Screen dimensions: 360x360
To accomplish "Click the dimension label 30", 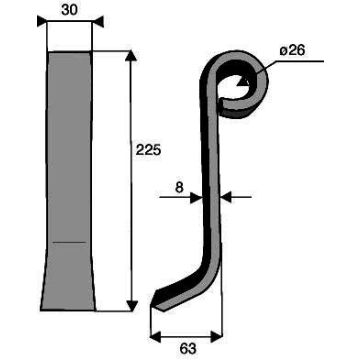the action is pos(69,10).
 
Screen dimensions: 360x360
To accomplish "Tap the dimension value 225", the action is pos(148,150).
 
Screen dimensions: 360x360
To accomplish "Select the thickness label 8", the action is pos(179,188).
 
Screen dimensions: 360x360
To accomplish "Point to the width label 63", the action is pos(188,349).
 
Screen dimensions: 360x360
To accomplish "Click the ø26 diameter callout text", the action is pos(292,51).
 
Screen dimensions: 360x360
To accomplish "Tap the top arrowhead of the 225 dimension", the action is pos(132,56).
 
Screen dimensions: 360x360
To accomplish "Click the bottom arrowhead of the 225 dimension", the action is pos(132,306).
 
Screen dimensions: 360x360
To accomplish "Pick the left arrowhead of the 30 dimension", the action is pos(42,21).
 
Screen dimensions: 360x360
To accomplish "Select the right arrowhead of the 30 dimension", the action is pos(98,22).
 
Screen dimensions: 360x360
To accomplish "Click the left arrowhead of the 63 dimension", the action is pos(156,337).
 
